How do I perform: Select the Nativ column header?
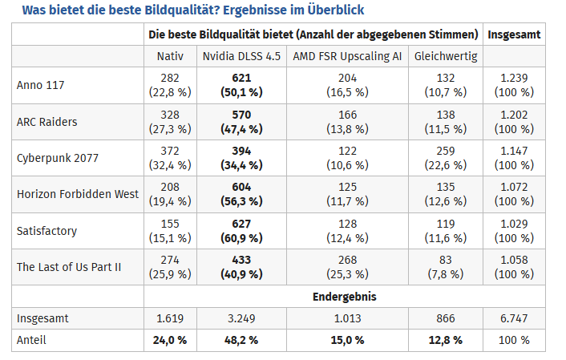click(170, 56)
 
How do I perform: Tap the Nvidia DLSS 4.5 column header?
click(241, 56)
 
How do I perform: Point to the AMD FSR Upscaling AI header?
click(348, 56)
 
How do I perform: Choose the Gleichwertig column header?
click(446, 56)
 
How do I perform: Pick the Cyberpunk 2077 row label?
click(58, 158)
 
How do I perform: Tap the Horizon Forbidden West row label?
click(78, 194)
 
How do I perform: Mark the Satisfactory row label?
click(47, 231)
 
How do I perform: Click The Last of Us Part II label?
click(69, 267)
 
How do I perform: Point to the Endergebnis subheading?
click(345, 297)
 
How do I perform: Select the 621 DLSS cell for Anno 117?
click(241, 78)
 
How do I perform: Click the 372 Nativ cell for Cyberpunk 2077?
click(170, 151)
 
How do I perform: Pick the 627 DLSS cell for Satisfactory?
click(241, 224)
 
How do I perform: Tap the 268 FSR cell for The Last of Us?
click(348, 260)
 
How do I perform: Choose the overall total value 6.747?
click(514, 318)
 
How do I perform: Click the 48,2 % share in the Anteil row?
click(241, 340)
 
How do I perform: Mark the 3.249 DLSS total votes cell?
click(241, 318)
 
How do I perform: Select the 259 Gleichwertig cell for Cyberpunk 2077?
click(446, 151)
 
